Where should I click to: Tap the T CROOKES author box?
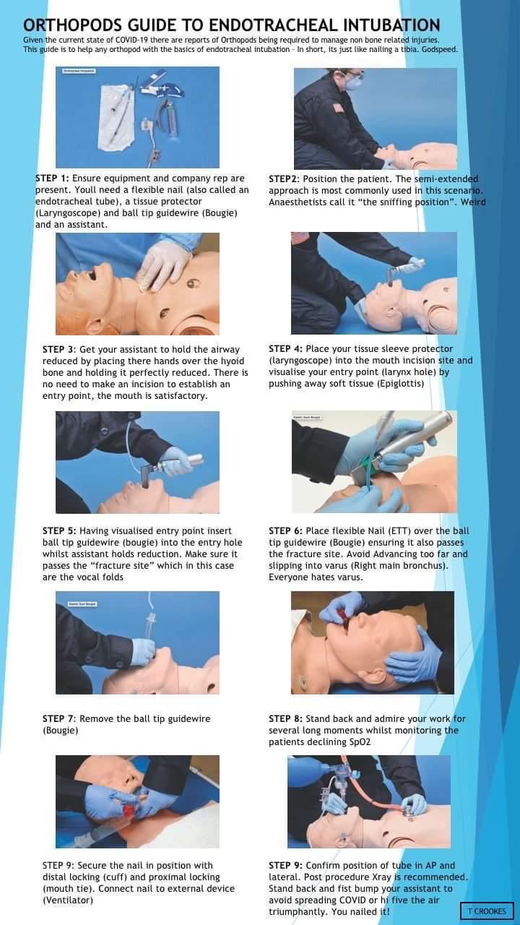pos(487,911)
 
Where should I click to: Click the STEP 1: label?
pos(53,178)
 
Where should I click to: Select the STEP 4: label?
pos(285,348)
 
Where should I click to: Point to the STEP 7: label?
pos(59,718)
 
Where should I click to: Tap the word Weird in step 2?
pos(473,202)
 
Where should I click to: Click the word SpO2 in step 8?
pos(360,741)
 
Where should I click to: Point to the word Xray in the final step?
pos(381,877)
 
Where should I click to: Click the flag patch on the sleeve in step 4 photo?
pos(297,239)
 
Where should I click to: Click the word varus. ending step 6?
pos(351,577)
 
